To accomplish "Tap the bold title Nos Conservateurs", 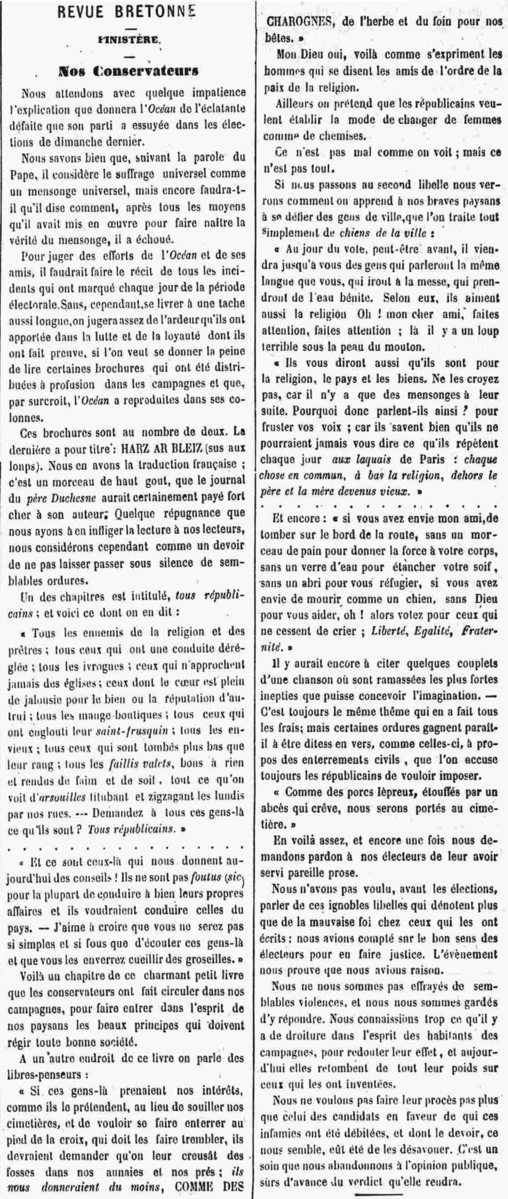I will click(x=129, y=71).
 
